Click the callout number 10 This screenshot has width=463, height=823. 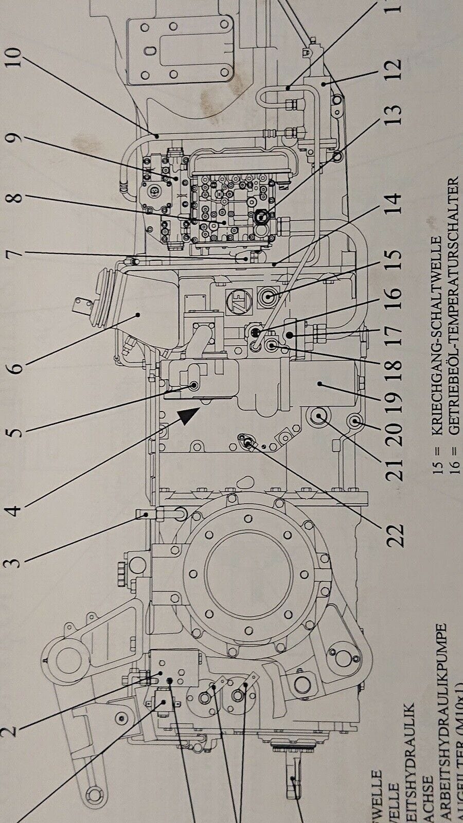pos(15,60)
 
